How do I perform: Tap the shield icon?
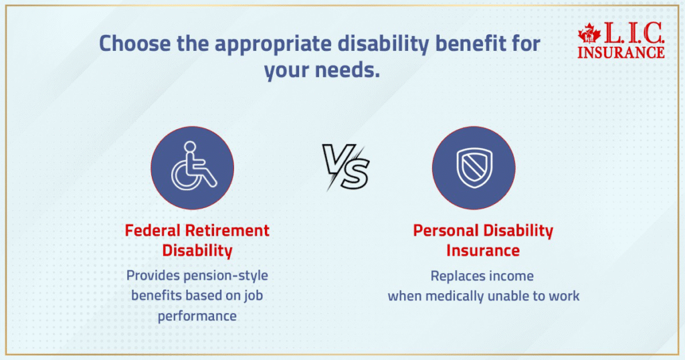coord(474,168)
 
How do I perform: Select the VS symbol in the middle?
coord(346,167)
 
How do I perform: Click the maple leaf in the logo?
coord(589,33)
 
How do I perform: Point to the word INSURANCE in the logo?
coord(621,52)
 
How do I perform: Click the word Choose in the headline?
coord(135,43)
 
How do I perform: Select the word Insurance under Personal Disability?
coord(483,250)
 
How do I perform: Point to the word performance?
coord(197,316)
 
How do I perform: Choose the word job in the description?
coord(254,296)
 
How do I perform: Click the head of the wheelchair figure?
coord(190,147)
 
